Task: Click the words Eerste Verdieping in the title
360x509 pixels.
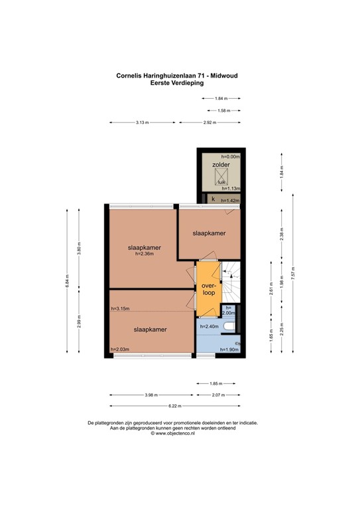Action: [176, 83]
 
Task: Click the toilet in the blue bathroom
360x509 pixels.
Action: [229, 327]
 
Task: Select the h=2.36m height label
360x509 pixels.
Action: [143, 254]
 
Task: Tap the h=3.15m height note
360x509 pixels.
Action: [120, 308]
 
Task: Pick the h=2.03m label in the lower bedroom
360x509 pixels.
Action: [120, 349]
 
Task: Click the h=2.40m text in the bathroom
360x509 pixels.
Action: [209, 325]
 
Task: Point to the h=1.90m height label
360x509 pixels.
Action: [228, 349]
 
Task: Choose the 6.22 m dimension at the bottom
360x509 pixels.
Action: [175, 406]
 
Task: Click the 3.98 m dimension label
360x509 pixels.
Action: [152, 396]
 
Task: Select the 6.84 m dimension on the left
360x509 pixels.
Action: [67, 282]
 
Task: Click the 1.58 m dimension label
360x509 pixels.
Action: [223, 111]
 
